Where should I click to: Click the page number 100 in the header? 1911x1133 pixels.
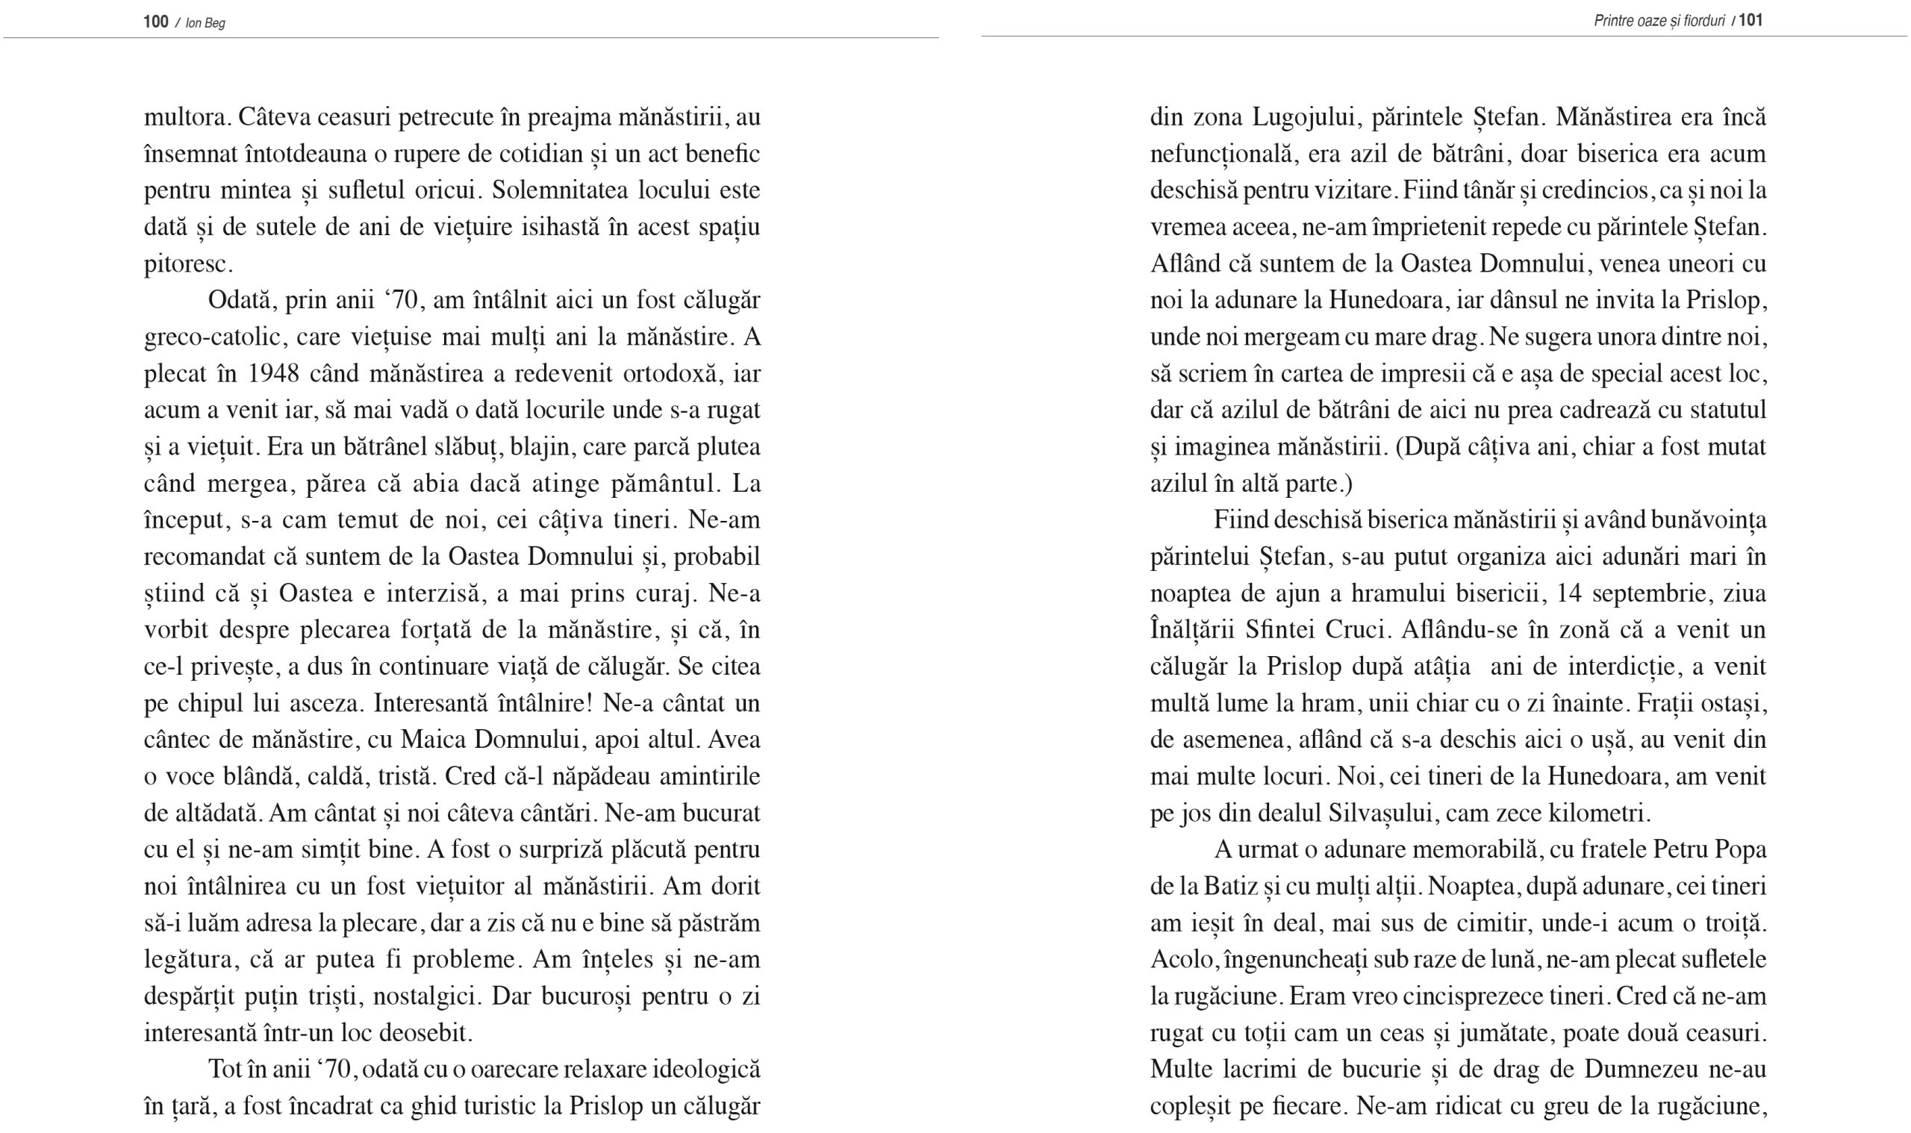click(156, 22)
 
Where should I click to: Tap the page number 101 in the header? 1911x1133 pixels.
click(1751, 20)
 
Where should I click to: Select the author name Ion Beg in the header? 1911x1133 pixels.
click(205, 23)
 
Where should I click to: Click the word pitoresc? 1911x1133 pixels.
click(187, 264)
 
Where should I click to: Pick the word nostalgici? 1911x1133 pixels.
click(425, 996)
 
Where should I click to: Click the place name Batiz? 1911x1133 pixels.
click(1231, 887)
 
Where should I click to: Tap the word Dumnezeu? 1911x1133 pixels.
click(1642, 1070)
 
